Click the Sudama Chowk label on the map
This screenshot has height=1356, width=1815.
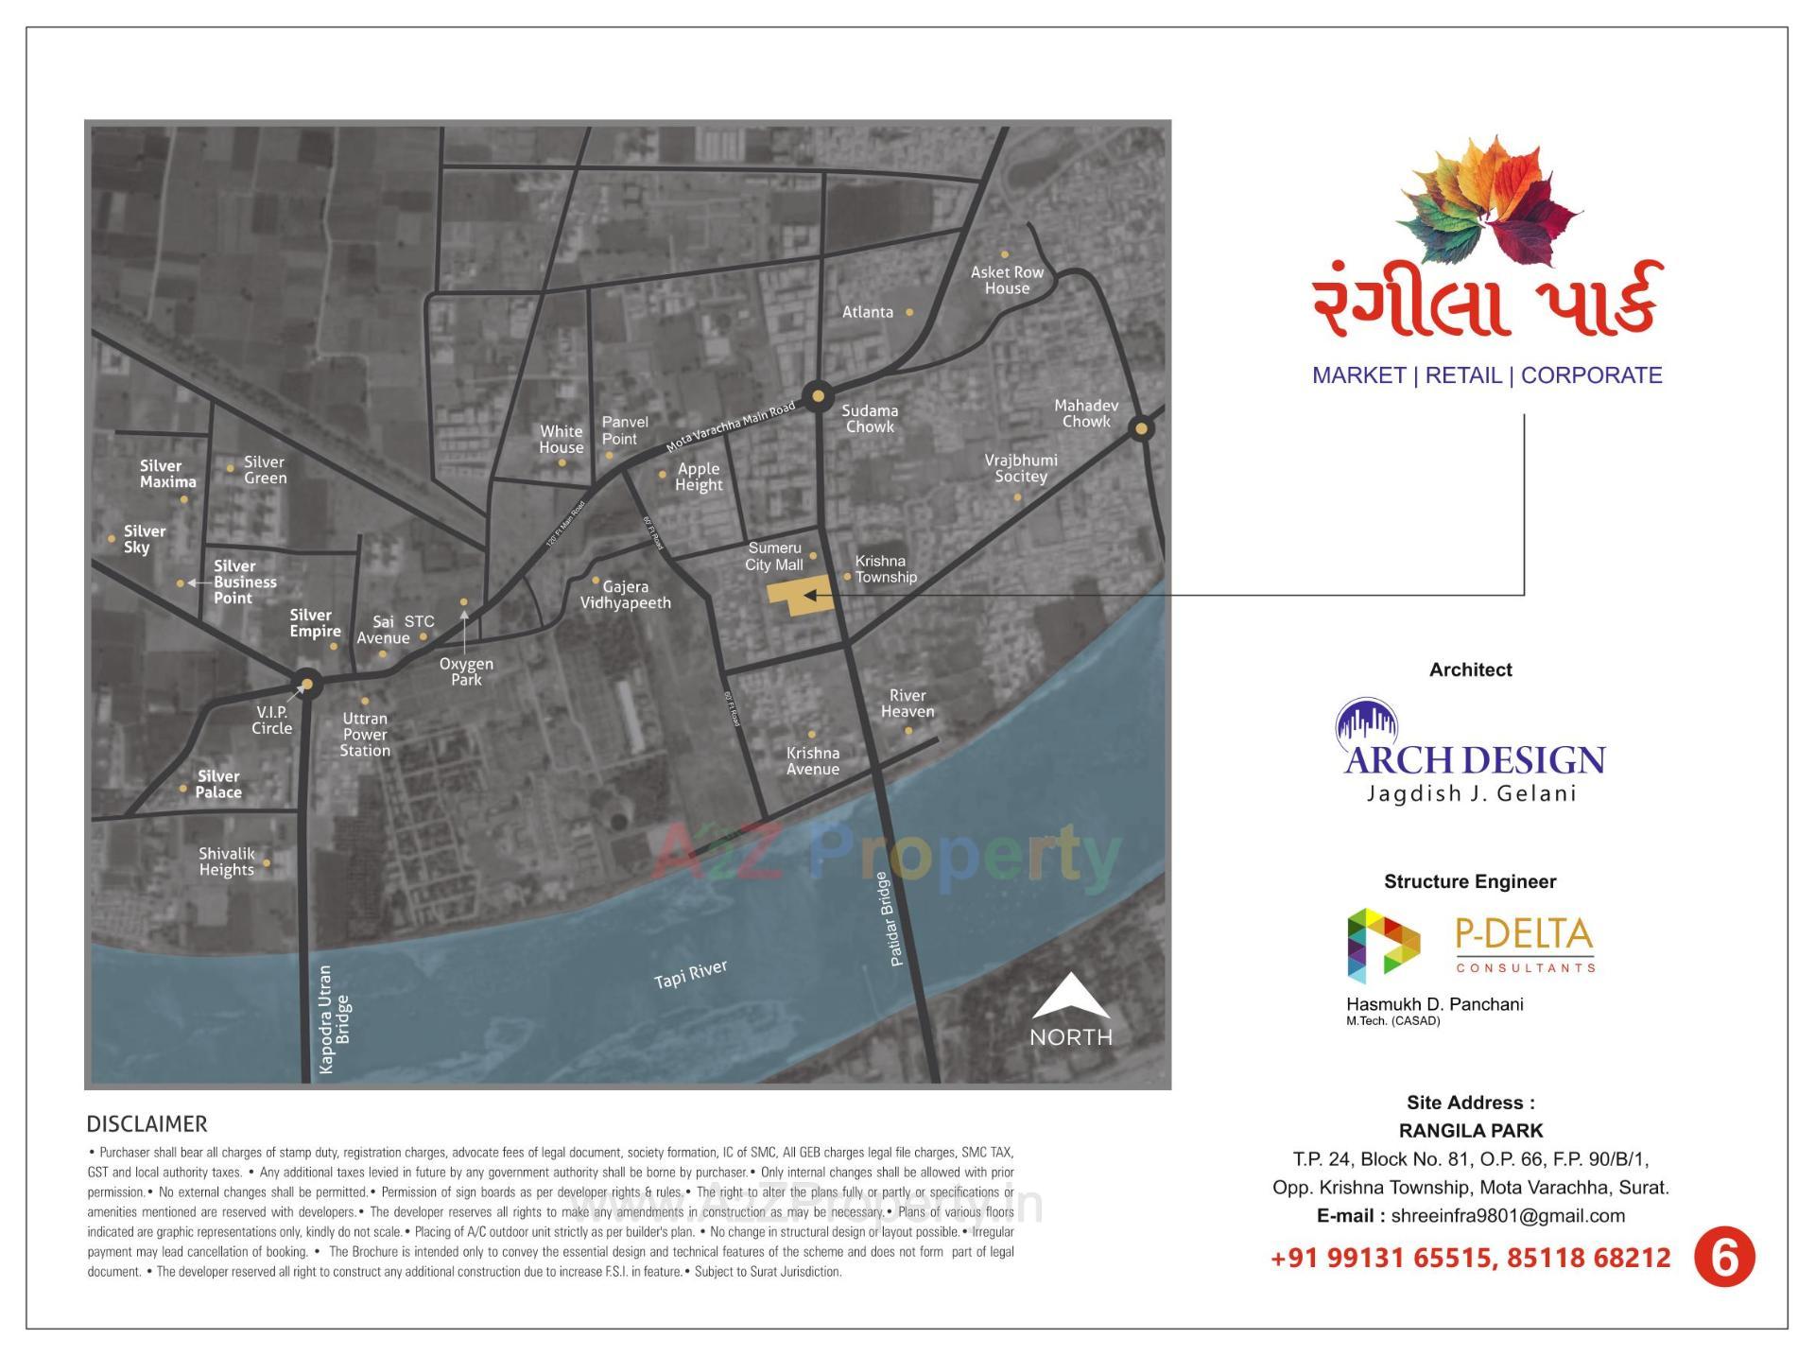click(x=870, y=418)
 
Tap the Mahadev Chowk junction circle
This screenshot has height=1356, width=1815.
click(x=1141, y=428)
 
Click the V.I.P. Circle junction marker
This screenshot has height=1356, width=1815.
click(x=306, y=685)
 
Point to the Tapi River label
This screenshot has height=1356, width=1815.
click(x=691, y=974)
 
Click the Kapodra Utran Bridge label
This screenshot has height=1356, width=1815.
click(x=335, y=1018)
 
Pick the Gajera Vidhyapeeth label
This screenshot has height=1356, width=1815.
click(x=625, y=595)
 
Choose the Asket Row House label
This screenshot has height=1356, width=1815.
click(x=1007, y=280)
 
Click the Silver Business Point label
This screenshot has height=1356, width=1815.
click(x=245, y=582)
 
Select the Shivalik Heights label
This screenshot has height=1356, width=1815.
click(x=227, y=861)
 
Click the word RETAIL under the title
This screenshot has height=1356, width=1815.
click(x=1463, y=375)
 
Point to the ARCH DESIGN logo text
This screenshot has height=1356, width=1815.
click(x=1474, y=759)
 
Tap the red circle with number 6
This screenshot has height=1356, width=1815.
click(x=1723, y=1258)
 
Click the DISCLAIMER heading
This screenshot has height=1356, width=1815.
click(x=147, y=1124)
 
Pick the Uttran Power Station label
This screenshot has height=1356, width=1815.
click(x=365, y=735)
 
